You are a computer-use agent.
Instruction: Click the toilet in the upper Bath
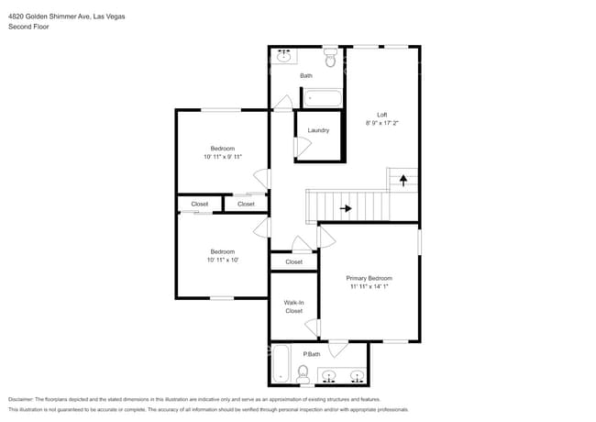[x=330, y=58]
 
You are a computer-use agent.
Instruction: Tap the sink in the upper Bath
[x=283, y=57]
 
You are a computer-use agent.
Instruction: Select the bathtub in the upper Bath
[x=323, y=98]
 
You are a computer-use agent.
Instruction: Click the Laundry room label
[x=318, y=130]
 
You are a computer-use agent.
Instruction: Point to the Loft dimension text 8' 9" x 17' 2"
[x=382, y=123]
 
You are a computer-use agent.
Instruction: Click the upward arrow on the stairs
[x=403, y=180]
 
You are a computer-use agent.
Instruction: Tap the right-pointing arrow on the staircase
[x=346, y=208]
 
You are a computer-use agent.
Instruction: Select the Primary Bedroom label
[x=369, y=278]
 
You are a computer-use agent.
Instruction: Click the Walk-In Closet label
[x=293, y=306]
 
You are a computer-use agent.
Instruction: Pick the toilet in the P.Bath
[x=303, y=373]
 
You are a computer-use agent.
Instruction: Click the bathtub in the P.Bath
[x=281, y=363]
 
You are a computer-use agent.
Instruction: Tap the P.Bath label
[x=312, y=354]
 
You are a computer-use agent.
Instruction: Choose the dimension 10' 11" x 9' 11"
[x=223, y=157]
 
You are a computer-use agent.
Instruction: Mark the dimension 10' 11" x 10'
[x=223, y=260]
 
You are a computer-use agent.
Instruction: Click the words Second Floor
[x=28, y=27]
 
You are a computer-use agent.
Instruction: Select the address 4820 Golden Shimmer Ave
[x=50, y=17]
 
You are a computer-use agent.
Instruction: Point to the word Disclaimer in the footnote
[x=21, y=400]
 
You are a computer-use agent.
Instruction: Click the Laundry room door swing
[x=304, y=147]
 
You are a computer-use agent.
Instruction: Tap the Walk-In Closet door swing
[x=312, y=328]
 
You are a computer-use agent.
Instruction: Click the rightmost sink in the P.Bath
[x=357, y=376]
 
